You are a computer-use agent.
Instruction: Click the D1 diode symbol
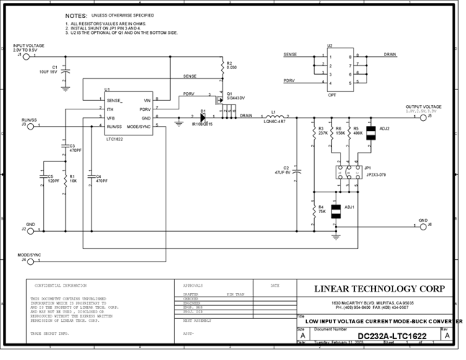204,117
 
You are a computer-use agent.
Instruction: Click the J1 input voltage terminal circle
27,55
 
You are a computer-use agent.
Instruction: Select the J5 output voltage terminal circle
424,117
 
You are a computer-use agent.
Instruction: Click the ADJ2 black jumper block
372,133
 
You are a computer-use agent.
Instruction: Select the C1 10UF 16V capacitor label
48,71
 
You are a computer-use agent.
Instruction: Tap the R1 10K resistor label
73,178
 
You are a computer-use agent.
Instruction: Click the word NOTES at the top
76,15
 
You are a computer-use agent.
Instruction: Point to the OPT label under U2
331,94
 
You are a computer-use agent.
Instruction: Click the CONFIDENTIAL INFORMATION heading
57,285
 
